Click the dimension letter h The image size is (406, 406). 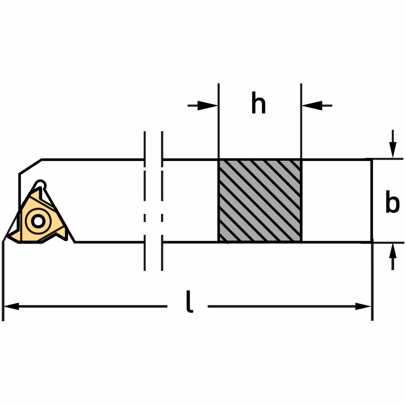click(x=258, y=103)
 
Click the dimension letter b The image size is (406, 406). click(x=392, y=201)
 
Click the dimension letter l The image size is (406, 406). click(x=189, y=301)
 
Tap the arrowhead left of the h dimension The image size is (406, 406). click(x=208, y=106)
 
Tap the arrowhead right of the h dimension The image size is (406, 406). click(x=312, y=106)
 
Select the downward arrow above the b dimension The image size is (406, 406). click(x=393, y=144)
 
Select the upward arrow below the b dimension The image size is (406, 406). click(x=393, y=257)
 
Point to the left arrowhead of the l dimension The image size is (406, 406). click(x=12, y=306)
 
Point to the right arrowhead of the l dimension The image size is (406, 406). click(x=363, y=307)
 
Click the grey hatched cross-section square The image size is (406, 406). click(x=260, y=200)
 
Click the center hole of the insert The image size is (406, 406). click(x=38, y=221)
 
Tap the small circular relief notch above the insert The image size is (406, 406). click(x=40, y=184)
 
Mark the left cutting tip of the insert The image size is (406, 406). click(x=8, y=236)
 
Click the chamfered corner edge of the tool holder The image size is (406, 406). click(x=30, y=166)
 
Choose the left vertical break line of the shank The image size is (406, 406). click(x=145, y=201)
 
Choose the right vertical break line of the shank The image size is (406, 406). click(x=162, y=201)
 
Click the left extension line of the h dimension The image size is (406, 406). click(x=219, y=121)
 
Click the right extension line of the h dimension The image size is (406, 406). click(x=301, y=121)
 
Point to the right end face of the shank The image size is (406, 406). click(x=371, y=200)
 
